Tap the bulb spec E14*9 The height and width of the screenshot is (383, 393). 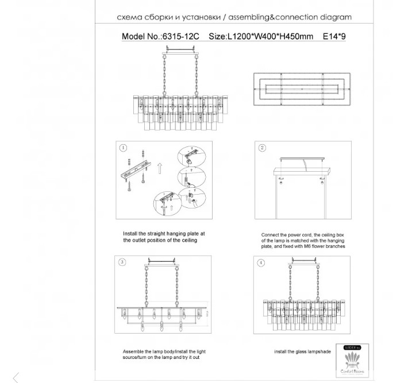coord(334,36)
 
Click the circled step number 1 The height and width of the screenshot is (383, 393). coord(123,148)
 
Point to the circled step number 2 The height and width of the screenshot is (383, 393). coord(262,148)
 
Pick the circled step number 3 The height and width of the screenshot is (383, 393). coord(122,262)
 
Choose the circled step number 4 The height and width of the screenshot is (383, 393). coord(261,262)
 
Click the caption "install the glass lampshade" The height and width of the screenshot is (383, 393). coord(302,351)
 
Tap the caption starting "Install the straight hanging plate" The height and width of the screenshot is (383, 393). coord(164,237)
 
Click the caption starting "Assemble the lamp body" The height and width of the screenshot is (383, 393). coord(164,354)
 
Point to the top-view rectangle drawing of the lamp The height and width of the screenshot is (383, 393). coord(302,88)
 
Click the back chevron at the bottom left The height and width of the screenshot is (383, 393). coord(16,377)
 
